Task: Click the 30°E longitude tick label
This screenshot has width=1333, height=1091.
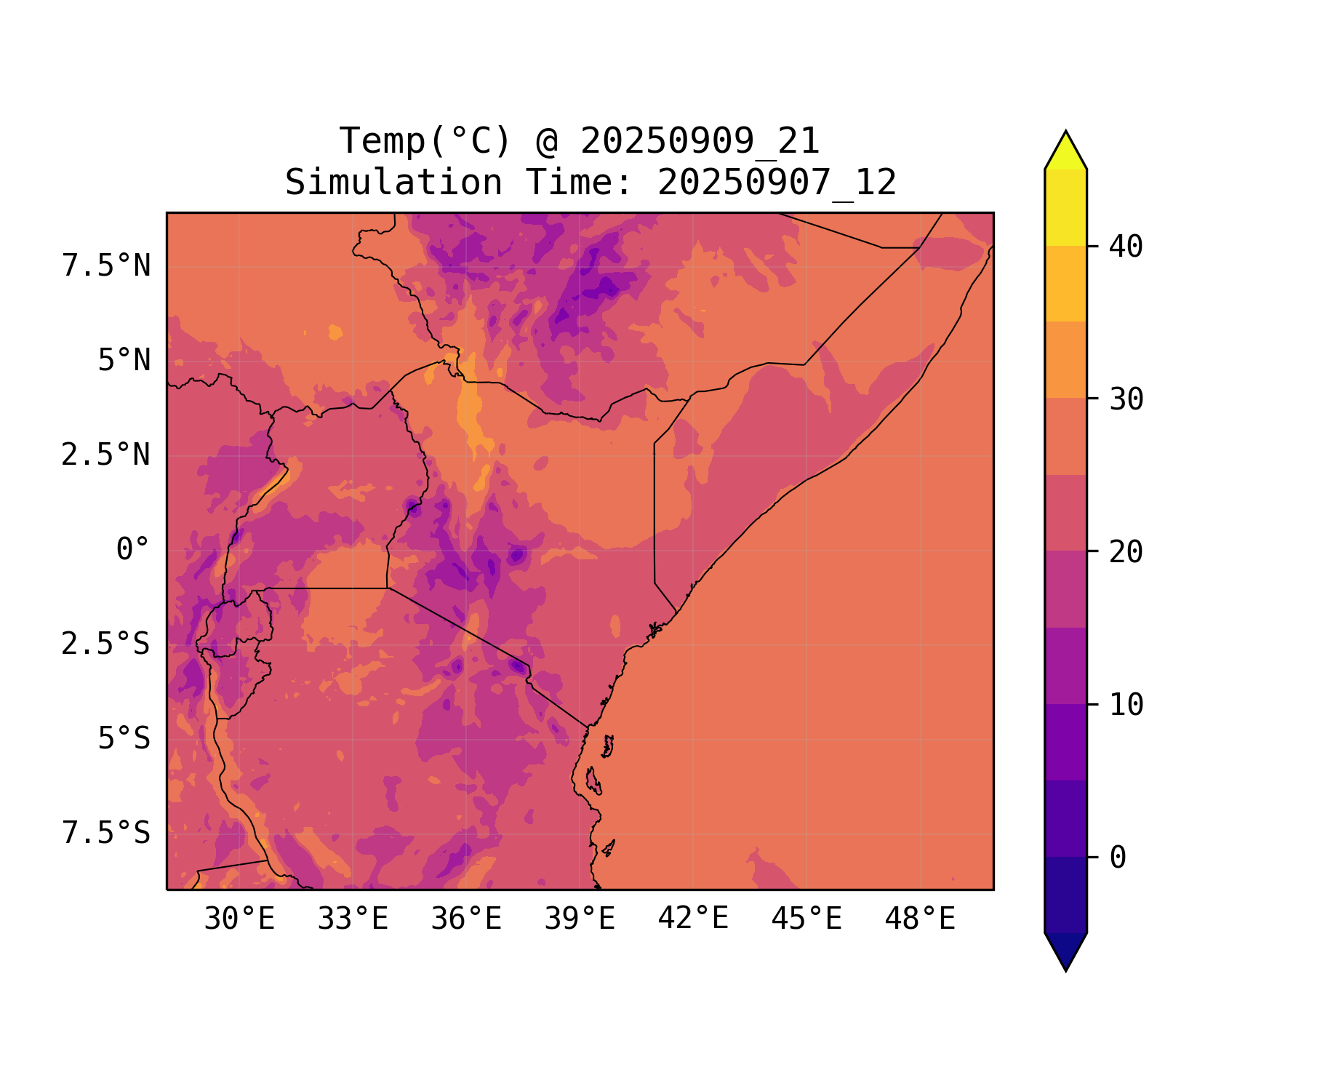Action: [239, 919]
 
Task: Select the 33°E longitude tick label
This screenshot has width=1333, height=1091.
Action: [353, 919]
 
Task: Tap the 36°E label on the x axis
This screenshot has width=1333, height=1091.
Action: [466, 919]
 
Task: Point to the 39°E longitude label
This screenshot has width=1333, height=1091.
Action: [580, 919]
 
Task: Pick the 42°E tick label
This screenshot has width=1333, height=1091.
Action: [693, 919]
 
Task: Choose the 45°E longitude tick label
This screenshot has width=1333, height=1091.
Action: [806, 919]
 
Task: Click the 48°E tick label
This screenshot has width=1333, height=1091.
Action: [920, 919]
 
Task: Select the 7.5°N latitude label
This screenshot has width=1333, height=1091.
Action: [106, 266]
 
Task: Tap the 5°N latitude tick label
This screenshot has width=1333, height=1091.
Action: [124, 361]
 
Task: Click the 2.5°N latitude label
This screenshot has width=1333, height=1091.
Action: [106, 455]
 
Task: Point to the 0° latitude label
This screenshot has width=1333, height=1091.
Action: [133, 550]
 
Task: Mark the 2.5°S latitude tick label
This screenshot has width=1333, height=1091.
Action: [106, 644]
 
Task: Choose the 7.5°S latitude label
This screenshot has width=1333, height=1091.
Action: [106, 834]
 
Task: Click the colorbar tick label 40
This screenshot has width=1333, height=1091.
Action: [1126, 247]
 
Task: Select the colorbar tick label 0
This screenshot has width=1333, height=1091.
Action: [1118, 858]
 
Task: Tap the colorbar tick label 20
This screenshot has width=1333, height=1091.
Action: [1126, 552]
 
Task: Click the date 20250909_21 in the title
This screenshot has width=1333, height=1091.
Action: [700, 141]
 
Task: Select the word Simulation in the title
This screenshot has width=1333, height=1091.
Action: [393, 183]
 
